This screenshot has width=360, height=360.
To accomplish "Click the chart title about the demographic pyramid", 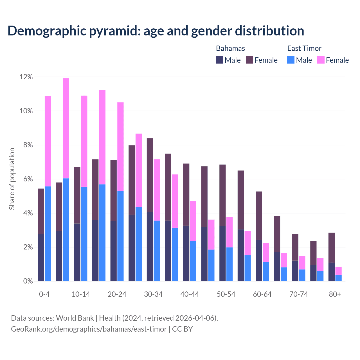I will coord(156,31).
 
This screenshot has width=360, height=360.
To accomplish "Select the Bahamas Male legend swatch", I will coord(220,60).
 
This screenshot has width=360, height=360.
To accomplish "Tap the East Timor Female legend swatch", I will coord(321,60).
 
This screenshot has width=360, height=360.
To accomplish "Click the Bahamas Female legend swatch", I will coord(249,60).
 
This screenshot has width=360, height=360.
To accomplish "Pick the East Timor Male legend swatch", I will coord(291,60).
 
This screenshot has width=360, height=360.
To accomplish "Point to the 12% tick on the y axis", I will coord(26,77).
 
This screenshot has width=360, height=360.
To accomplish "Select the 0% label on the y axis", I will coord(28,281).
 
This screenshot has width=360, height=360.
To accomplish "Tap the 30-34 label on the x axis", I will coord(153,294).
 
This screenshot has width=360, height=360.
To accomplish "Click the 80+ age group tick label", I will coord(335,294).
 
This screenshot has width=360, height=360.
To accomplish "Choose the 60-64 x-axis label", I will coord(262,294).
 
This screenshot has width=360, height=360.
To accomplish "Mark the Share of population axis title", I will coord(12,179).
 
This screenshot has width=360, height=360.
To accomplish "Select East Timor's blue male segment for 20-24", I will coord(120,236).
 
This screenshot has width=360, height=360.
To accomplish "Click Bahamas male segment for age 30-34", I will coord(150,247).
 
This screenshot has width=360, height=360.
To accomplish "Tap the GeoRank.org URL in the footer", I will coord(89,329).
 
